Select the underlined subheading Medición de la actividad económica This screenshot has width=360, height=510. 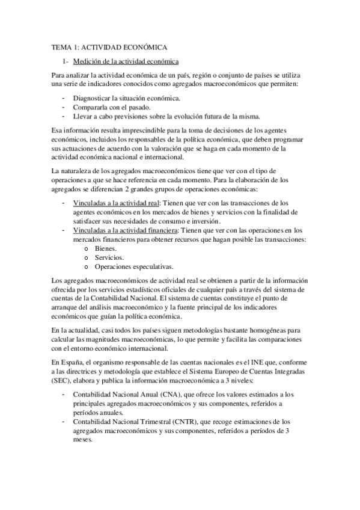125,61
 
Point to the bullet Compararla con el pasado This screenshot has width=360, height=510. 108,106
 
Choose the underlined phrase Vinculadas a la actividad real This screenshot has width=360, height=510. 111,203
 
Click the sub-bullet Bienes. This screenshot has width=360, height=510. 106,248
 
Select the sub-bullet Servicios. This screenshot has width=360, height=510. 110,257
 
